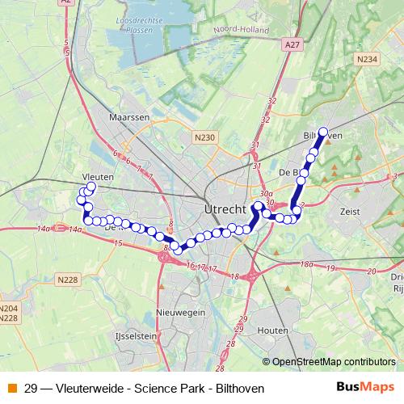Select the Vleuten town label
point(97,175)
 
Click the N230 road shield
point(205,139)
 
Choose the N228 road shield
point(68,280)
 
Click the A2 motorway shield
point(66,3)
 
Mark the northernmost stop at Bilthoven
point(323,131)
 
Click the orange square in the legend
point(11,389)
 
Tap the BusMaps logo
point(365,388)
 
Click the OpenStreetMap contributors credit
point(334,362)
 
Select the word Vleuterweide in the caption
point(91,389)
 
